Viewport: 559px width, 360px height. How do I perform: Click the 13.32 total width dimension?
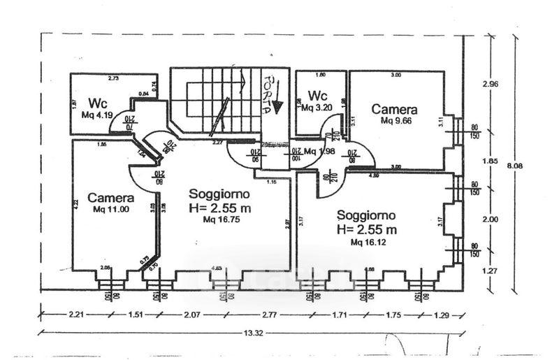[254, 333]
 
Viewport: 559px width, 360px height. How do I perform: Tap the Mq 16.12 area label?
[366, 241]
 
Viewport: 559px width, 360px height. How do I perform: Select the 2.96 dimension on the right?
[490, 84]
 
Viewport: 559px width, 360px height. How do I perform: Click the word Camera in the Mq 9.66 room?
[394, 109]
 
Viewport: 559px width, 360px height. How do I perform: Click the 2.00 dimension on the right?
[490, 219]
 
